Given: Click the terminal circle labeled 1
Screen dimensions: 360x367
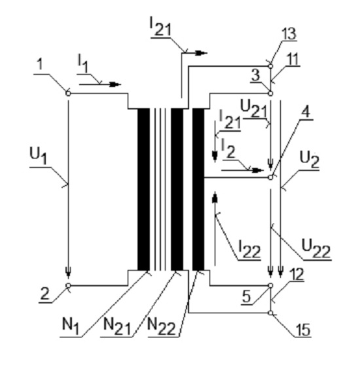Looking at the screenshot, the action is pos(68,94).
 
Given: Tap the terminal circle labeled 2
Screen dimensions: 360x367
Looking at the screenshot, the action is pos(68,286).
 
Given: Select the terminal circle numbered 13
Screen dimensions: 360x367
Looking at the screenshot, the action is pos(270,66).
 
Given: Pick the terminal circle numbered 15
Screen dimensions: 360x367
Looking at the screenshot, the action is pos(270,313).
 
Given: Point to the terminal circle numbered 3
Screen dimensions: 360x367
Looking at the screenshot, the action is pos(270,94).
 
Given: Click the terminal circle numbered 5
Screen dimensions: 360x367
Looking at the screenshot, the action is pos(270,286).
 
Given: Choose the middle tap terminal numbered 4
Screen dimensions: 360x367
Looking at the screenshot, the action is pos(270,178).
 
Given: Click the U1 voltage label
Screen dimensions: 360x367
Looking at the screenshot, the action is pos(38,156).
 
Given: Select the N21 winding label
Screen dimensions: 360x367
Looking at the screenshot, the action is pos(117,326).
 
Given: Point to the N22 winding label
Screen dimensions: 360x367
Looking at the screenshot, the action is pos(162,326).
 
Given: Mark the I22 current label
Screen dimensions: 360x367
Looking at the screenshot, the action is pos(249,249).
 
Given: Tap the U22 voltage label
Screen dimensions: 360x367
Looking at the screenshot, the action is pos(316,248).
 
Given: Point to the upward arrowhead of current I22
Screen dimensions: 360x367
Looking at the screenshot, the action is pos(215,197).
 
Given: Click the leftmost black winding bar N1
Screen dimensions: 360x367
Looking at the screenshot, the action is pos(143,189).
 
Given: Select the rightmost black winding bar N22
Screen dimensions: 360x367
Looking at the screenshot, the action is pos(198,189).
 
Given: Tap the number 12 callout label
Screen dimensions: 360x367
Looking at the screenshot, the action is pos(297,274).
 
